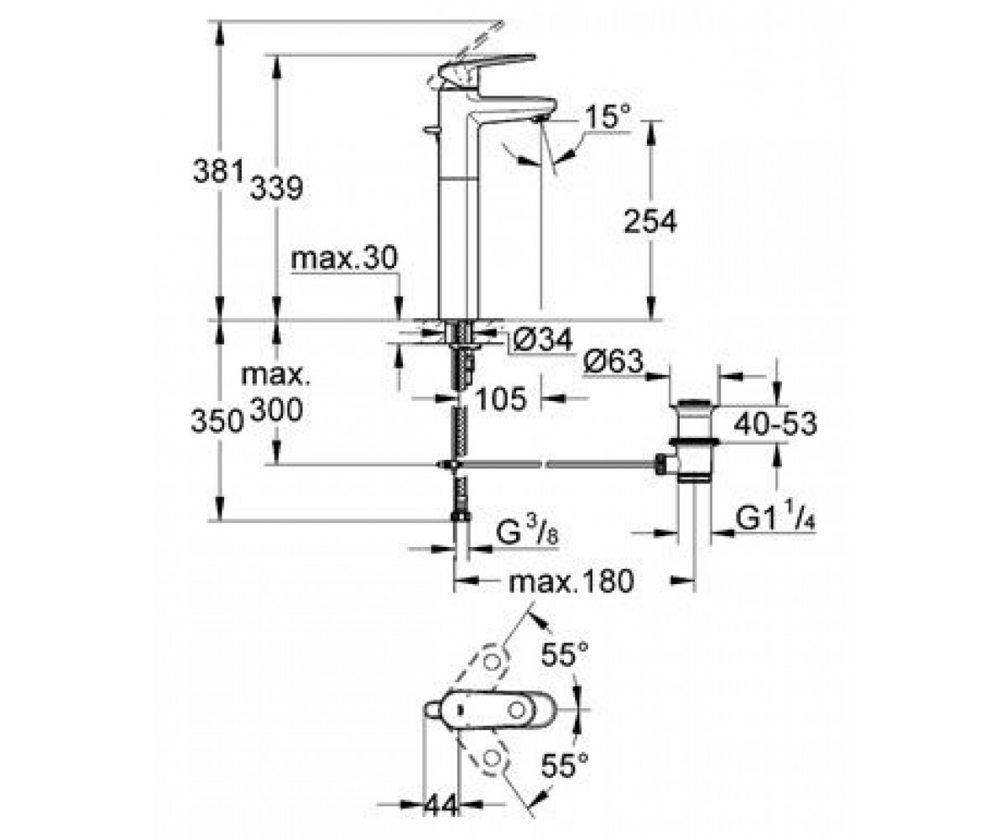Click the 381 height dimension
[217, 171]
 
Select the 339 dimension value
[276, 188]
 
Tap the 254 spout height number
[650, 221]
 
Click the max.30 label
[344, 258]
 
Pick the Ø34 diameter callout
[542, 340]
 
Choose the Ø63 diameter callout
[613, 362]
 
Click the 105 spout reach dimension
[501, 399]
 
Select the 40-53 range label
[775, 424]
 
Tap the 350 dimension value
[217, 420]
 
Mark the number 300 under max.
[277, 410]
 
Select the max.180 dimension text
[571, 581]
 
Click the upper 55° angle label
[565, 654]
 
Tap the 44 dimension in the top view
[441, 805]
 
